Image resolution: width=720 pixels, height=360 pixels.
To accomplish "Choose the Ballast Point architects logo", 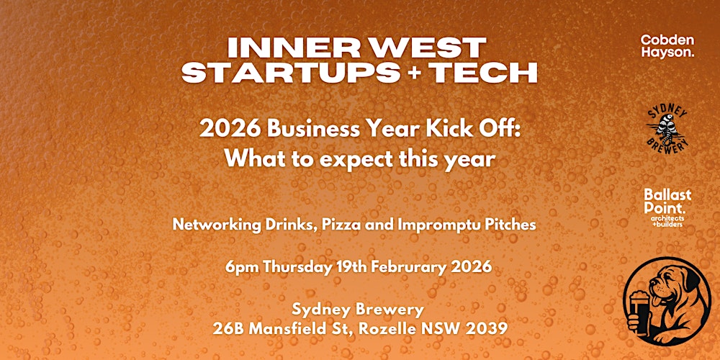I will pos(667,207).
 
